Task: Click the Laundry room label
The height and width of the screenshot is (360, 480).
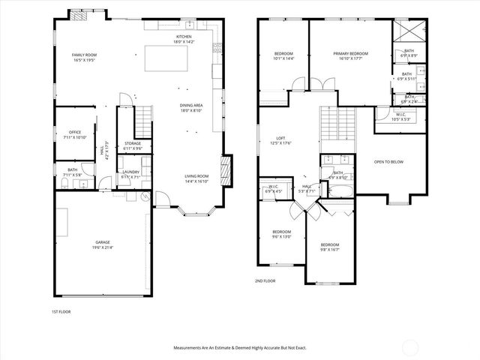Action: pyautogui.click(x=132, y=174)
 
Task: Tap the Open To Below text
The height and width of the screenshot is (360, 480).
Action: pyautogui.click(x=389, y=161)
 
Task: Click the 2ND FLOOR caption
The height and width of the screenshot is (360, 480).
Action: pyautogui.click(x=265, y=281)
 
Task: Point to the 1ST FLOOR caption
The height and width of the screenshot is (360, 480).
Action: pyautogui.click(x=61, y=310)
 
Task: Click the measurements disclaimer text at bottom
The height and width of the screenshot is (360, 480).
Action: pyautogui.click(x=240, y=348)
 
